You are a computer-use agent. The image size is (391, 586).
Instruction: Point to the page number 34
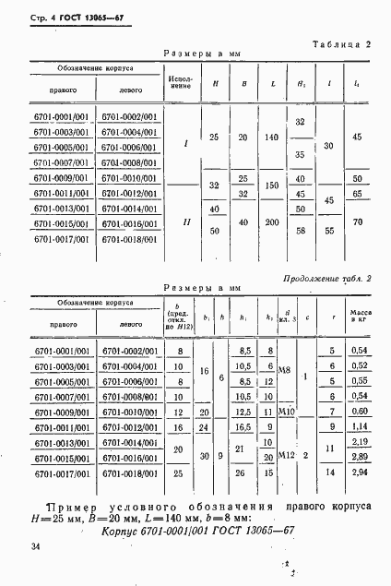point(36,548)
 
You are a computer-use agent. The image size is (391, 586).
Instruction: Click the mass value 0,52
point(359,365)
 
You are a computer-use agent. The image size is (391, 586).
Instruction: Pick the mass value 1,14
point(359,427)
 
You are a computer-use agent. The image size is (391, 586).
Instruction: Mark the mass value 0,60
point(359,412)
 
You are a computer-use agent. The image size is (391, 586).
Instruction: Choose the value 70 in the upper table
point(357,223)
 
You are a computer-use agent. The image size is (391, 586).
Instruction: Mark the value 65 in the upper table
point(357,194)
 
